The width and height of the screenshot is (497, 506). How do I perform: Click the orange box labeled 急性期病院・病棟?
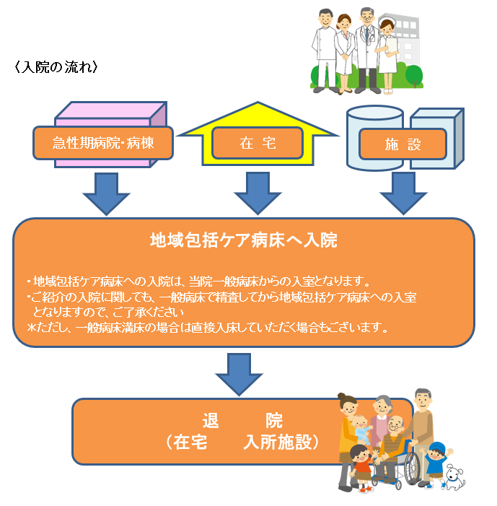pyautogui.click(x=104, y=143)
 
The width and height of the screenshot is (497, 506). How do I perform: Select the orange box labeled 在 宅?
pyautogui.click(x=258, y=143)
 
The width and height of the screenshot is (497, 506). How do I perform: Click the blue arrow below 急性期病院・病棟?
pyautogui.click(x=105, y=191)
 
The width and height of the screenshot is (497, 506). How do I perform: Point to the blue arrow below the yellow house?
pyautogui.click(x=258, y=191)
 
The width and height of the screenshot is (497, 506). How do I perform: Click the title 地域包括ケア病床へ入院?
pyautogui.click(x=243, y=240)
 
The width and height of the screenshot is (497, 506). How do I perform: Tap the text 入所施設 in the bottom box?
pyautogui.click(x=282, y=442)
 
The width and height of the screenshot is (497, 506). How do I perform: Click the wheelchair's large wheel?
pyautogui.click(x=413, y=470)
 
